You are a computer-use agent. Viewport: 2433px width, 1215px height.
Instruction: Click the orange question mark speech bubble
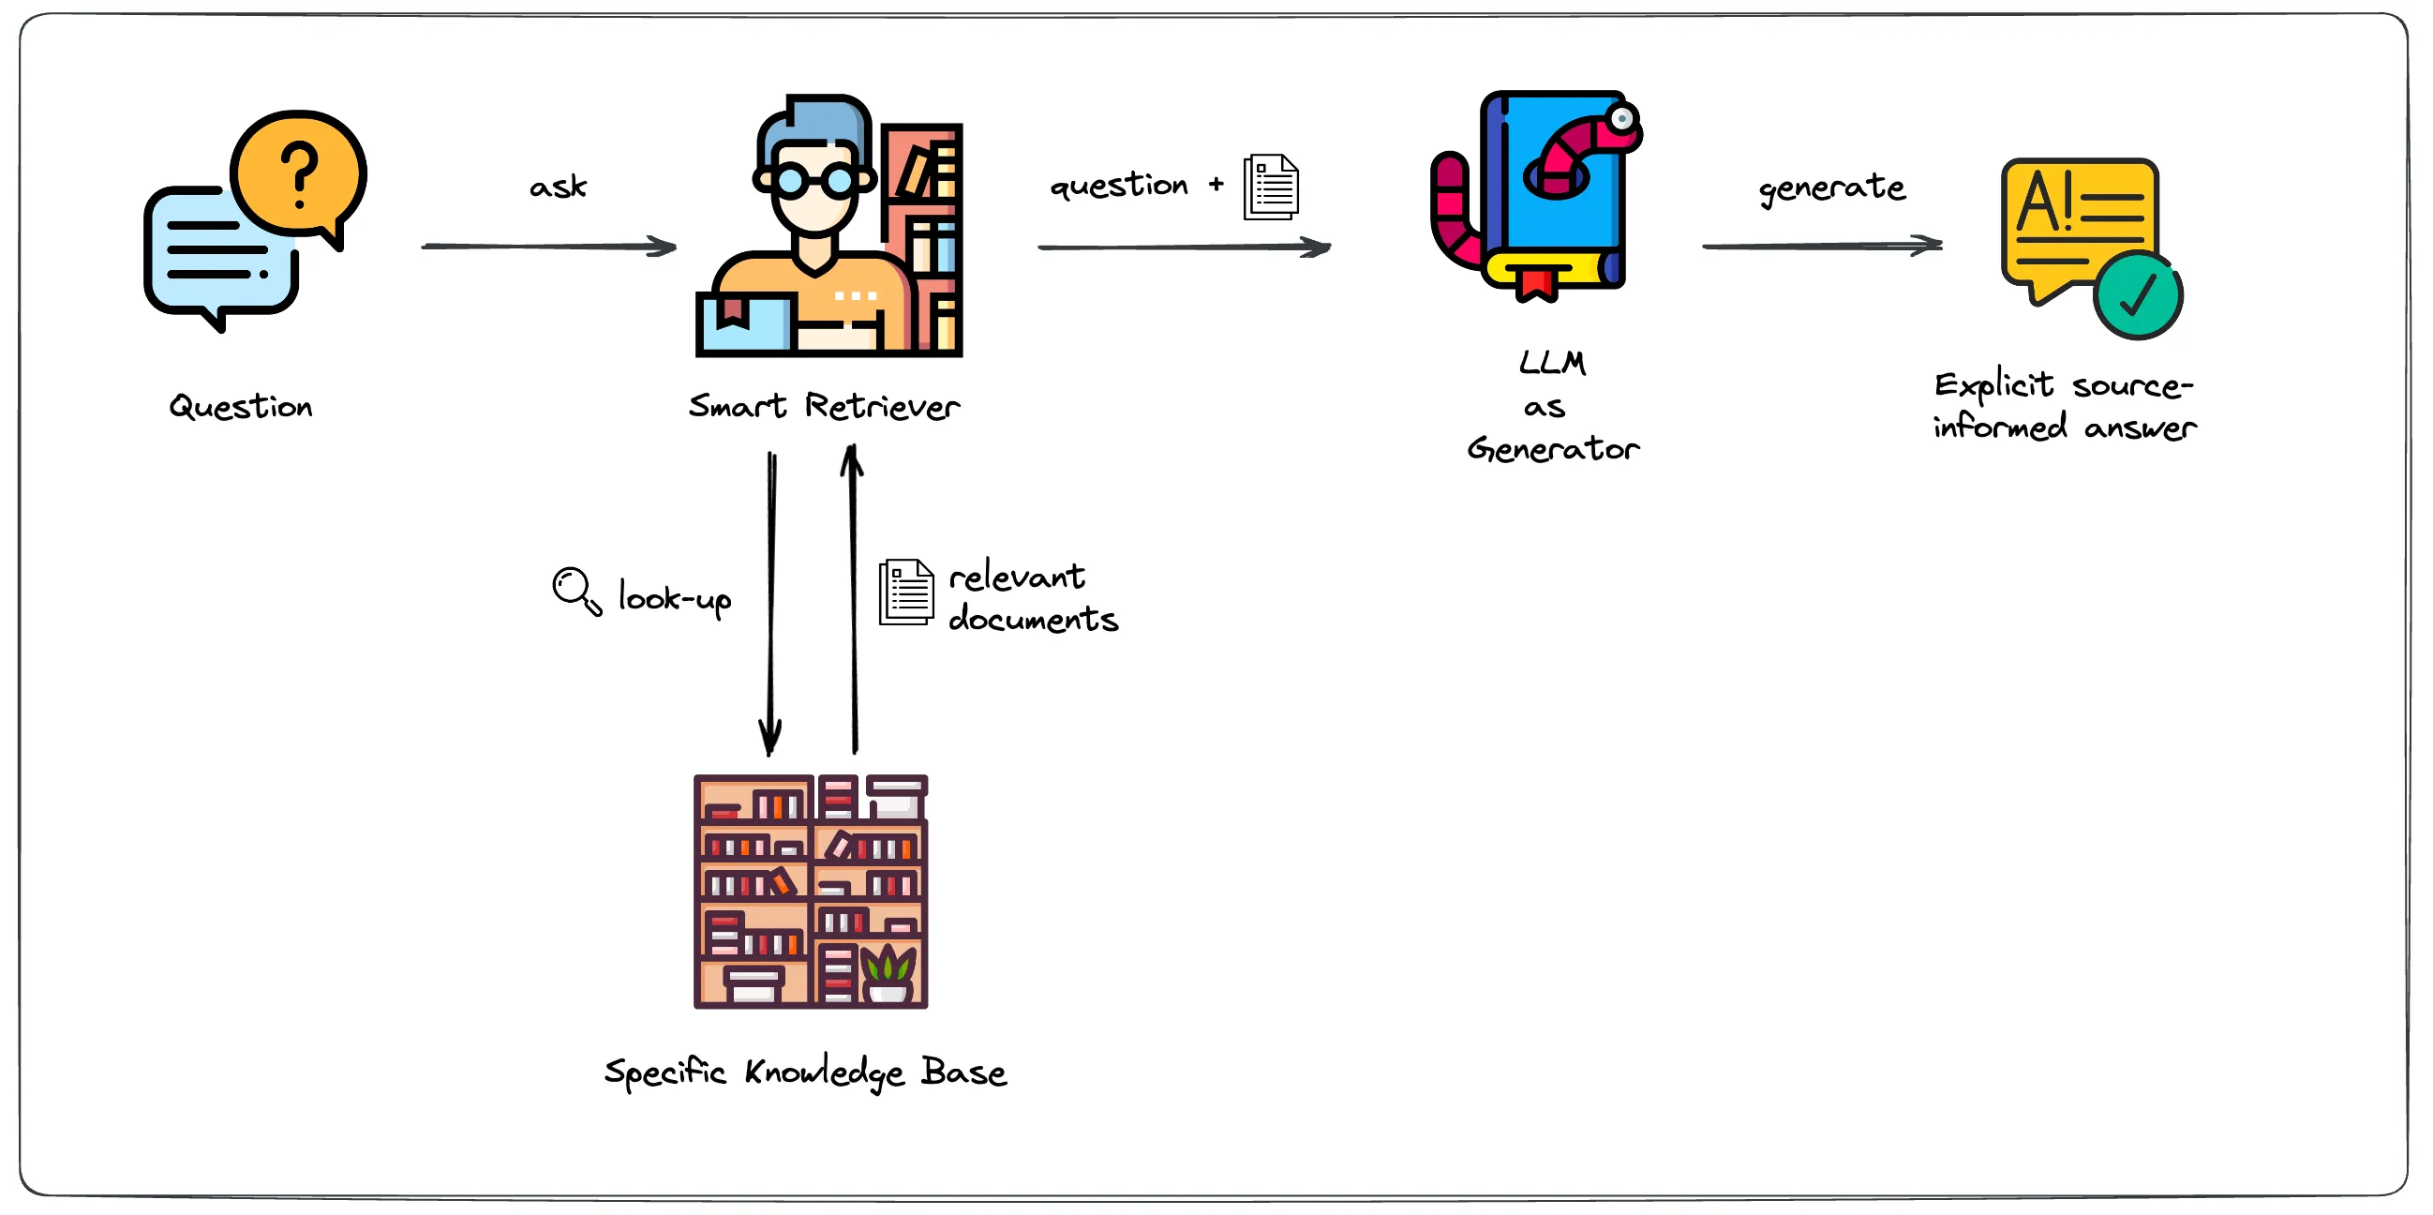pyautogui.click(x=298, y=175)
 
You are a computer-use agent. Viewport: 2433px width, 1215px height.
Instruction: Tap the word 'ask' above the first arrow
pyautogui.click(x=559, y=187)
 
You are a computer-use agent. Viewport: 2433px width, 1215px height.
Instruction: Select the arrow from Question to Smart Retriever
pyautogui.click(x=550, y=247)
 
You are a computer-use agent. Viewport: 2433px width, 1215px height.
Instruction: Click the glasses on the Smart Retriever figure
pyautogui.click(x=814, y=178)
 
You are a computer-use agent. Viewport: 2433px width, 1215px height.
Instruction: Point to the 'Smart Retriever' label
pyautogui.click(x=824, y=406)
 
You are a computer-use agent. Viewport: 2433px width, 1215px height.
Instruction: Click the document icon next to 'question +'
pyautogui.click(x=1271, y=187)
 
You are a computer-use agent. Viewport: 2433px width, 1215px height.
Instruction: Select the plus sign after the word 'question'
pyautogui.click(x=1216, y=185)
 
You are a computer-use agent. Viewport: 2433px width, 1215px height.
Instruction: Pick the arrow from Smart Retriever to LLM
pyautogui.click(x=1185, y=247)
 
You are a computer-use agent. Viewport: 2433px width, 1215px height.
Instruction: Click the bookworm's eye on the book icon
pyautogui.click(x=1622, y=119)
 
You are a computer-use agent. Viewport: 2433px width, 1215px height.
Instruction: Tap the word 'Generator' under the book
pyautogui.click(x=1554, y=449)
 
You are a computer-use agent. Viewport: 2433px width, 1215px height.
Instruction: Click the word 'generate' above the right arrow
pyautogui.click(x=1831, y=188)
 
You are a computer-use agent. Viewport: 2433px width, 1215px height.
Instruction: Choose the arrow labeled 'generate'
pyautogui.click(x=1822, y=246)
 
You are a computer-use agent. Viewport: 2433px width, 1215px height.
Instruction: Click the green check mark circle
pyautogui.click(x=2138, y=294)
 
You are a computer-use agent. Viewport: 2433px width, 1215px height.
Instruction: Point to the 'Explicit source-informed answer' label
pyautogui.click(x=2065, y=406)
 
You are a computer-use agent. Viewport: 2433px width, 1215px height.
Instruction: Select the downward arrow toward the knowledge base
pyautogui.click(x=770, y=604)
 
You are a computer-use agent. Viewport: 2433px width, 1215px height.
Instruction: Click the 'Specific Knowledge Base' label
pyautogui.click(x=806, y=1073)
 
